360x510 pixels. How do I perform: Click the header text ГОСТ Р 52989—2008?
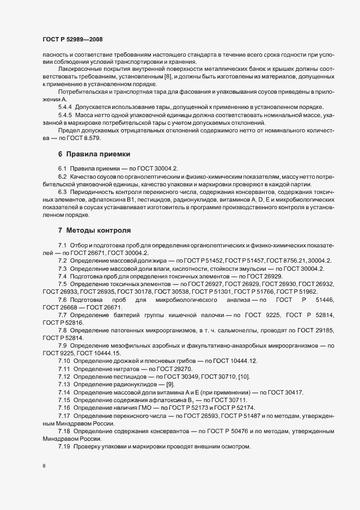pos(72,40)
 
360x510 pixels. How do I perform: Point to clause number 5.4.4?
pos(65,106)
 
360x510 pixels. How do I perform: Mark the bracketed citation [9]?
pos(173,384)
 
